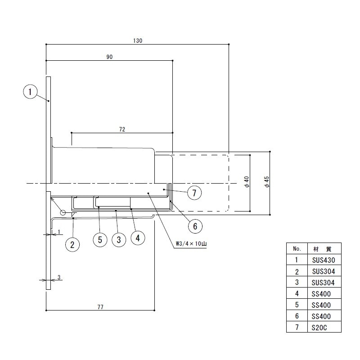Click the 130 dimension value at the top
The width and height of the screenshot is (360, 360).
coord(138,40)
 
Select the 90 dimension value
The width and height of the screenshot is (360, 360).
coord(109,57)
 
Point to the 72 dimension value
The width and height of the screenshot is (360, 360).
coord(122,130)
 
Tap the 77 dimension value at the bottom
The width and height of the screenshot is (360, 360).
coord(100,307)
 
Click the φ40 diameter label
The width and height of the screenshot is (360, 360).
coord(247,182)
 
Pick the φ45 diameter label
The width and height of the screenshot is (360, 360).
coord(267,182)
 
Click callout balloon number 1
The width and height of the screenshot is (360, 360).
coord(30,92)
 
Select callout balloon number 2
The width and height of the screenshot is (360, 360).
coord(72,244)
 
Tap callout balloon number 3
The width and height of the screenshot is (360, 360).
coord(119,240)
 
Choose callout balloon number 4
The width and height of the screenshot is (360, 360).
coord(138,238)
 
